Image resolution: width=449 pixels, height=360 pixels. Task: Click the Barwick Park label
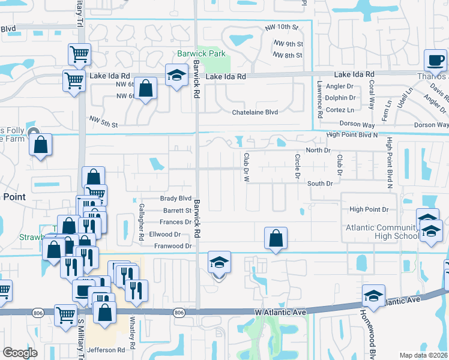point(202,53)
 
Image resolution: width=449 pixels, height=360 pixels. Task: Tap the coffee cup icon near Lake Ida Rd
point(436,60)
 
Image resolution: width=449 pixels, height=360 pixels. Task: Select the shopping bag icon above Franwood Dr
point(276,238)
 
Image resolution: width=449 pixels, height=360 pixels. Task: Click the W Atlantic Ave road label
point(281,313)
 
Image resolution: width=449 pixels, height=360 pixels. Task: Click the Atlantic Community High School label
point(381,232)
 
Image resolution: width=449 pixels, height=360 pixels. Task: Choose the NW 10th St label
point(282,28)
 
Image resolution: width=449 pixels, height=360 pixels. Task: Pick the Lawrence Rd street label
point(321,99)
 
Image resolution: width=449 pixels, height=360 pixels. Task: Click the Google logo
point(20,353)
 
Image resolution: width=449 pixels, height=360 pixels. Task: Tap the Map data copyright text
point(424,355)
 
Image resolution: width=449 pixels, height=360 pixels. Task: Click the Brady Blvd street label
point(175,198)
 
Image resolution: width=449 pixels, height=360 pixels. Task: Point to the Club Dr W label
point(246,166)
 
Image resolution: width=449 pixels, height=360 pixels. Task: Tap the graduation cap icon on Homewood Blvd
point(373,296)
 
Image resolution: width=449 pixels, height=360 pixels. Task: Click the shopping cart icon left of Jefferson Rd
point(65,314)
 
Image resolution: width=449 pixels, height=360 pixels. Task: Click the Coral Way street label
point(372,93)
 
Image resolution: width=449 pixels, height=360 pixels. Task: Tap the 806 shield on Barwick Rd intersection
point(179,313)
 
